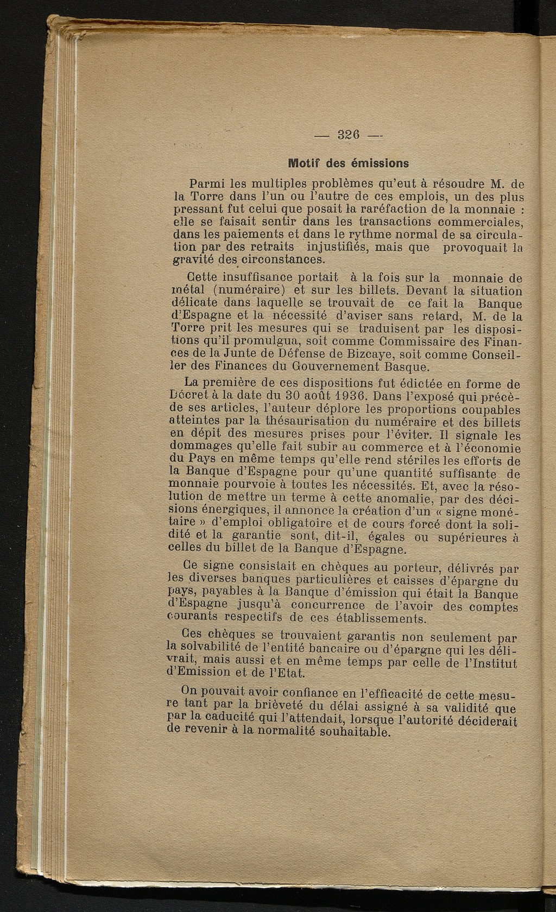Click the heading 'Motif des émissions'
pos(349,162)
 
